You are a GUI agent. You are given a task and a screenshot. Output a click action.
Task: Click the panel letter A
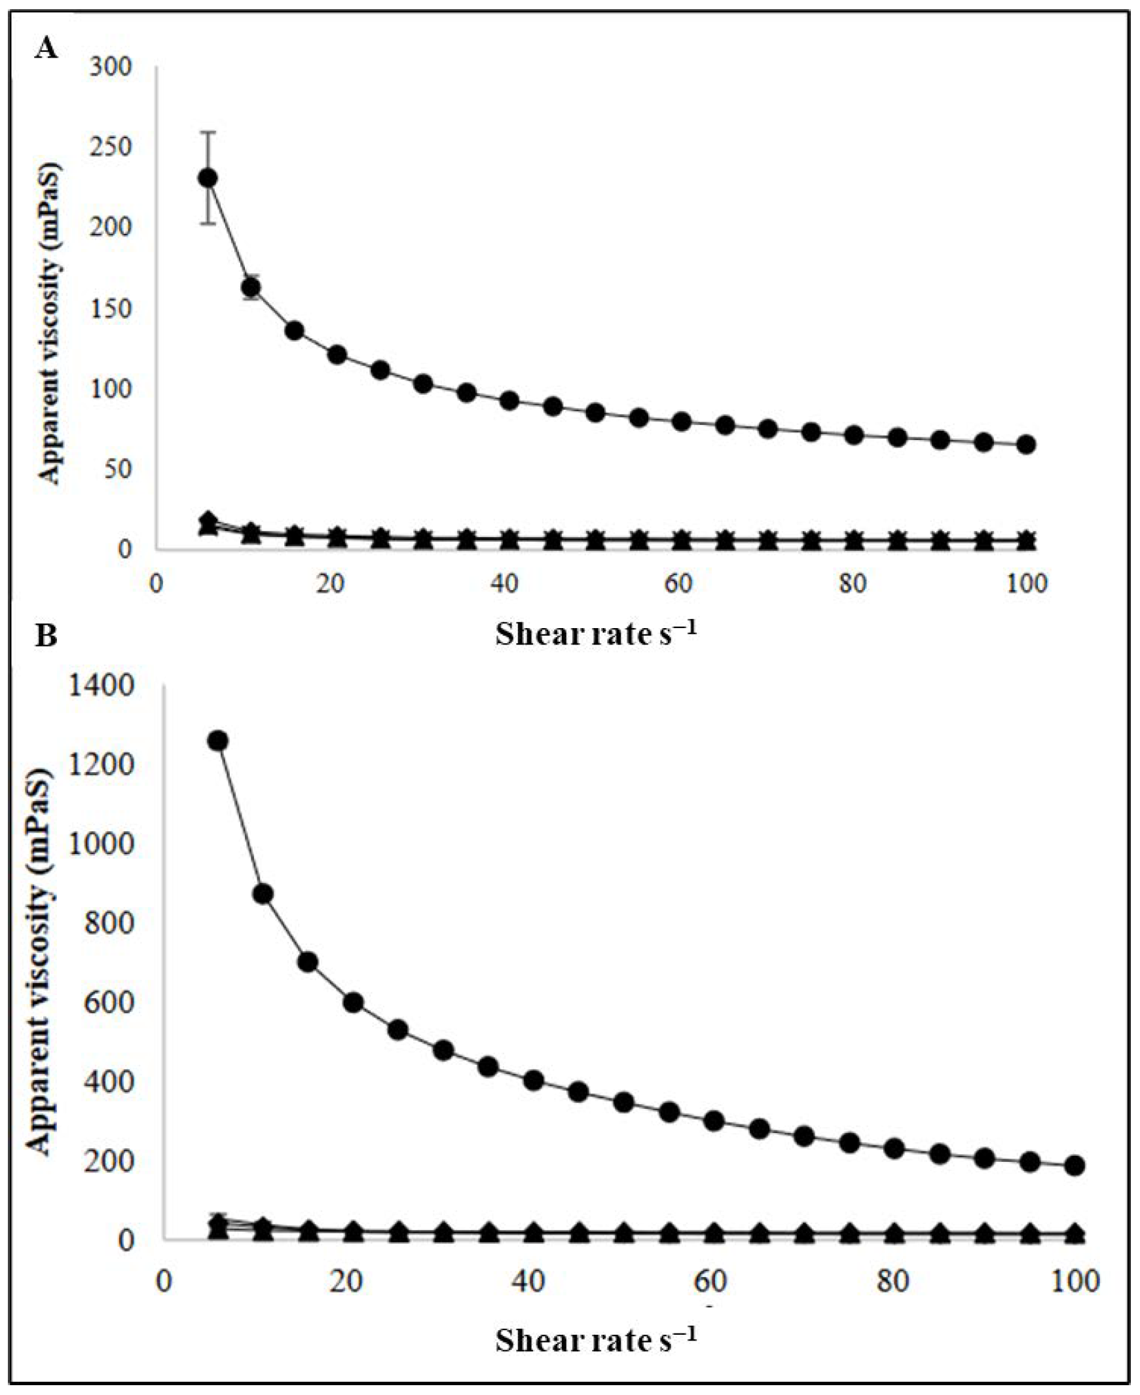46,48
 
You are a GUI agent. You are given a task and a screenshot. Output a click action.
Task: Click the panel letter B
46,637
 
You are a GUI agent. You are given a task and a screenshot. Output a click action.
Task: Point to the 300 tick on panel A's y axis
110,66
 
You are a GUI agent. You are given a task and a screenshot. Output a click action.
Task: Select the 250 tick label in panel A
110,147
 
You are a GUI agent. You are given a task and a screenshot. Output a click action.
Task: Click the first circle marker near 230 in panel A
208,178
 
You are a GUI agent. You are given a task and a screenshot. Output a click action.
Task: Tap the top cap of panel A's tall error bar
208,132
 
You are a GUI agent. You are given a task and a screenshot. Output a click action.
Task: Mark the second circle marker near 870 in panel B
263,894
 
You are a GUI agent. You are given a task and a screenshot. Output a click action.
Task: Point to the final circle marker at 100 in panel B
1074,1166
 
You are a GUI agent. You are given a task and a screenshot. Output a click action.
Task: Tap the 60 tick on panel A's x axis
678,584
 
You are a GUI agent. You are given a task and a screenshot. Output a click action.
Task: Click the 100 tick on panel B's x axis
1074,1282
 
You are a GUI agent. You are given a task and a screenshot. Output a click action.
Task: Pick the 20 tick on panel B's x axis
346,1282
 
